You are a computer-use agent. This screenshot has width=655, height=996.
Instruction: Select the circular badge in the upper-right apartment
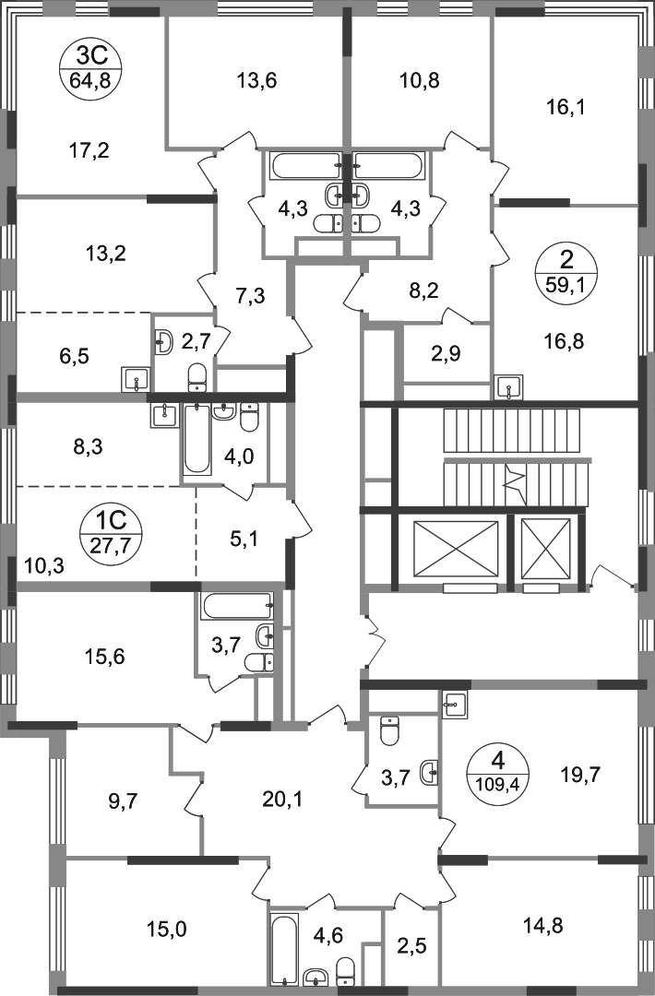566,268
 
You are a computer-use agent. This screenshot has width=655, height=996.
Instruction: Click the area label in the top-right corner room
565,109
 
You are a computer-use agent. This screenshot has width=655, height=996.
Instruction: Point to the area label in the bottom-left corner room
171,926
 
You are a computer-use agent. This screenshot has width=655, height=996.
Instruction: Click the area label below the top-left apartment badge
92,150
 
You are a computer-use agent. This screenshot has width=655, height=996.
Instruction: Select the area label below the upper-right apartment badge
566,344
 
